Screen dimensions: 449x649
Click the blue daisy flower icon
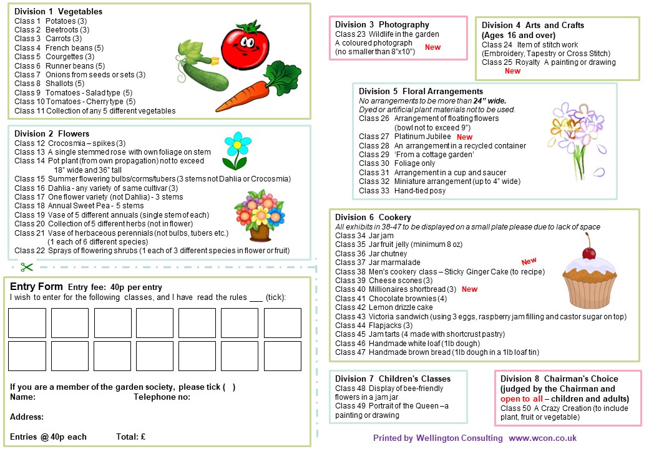pos(234,150)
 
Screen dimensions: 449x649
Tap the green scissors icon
pos(26,267)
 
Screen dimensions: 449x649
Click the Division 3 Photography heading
pos(382,25)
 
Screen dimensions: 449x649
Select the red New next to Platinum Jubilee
pos(464,137)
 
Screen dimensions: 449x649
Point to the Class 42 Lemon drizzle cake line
pos(384,307)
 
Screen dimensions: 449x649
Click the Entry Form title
pos(37,286)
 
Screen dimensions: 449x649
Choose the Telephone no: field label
pos(162,397)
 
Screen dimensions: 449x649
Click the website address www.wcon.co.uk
pos(543,438)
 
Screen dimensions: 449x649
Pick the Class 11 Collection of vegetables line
pos(95,111)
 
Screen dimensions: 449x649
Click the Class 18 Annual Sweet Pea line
pos(79,206)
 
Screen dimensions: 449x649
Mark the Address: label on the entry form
pos(27,417)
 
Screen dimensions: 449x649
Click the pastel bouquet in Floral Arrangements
pos(577,137)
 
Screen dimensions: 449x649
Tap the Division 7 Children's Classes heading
pos(393,379)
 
